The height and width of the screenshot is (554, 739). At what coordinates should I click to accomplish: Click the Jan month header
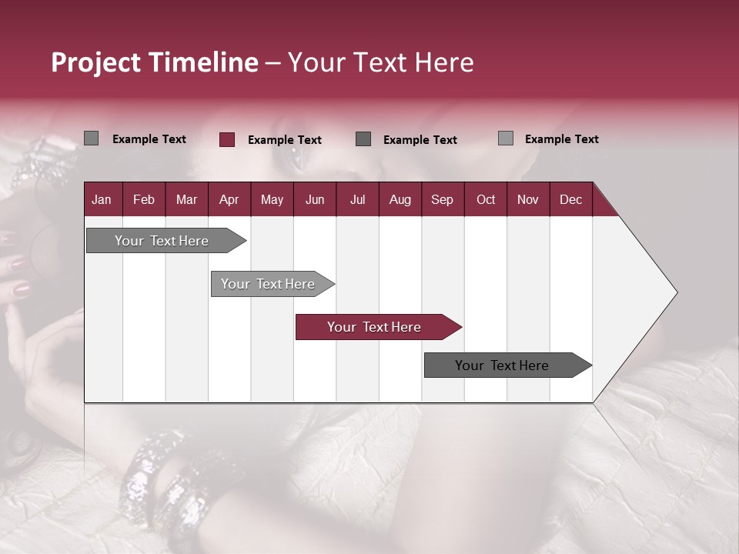tap(102, 199)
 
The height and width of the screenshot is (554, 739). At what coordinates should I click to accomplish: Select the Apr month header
tap(229, 199)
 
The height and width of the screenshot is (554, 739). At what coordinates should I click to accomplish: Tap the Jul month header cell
tap(358, 199)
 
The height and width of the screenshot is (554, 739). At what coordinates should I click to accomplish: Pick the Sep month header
tap(443, 199)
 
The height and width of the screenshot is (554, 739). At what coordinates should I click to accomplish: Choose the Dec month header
tap(571, 199)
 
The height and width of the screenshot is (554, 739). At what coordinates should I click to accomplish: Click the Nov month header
tap(528, 199)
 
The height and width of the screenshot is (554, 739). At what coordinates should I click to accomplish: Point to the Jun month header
tap(315, 199)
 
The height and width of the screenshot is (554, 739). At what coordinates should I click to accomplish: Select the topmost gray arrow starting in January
tap(162, 241)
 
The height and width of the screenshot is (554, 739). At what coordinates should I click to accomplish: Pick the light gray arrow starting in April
tap(269, 284)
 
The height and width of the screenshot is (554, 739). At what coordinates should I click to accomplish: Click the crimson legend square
tap(227, 139)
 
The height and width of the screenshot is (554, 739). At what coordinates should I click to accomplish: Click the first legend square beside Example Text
tap(91, 138)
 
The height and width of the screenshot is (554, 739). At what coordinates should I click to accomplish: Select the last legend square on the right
tap(506, 138)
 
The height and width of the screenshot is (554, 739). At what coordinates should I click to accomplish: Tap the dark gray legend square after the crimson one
tap(363, 138)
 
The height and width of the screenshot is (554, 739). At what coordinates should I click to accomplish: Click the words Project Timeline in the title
tap(154, 62)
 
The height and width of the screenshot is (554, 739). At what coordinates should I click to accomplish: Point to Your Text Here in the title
tap(381, 62)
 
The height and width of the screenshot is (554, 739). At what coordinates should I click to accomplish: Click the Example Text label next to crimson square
tap(285, 140)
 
